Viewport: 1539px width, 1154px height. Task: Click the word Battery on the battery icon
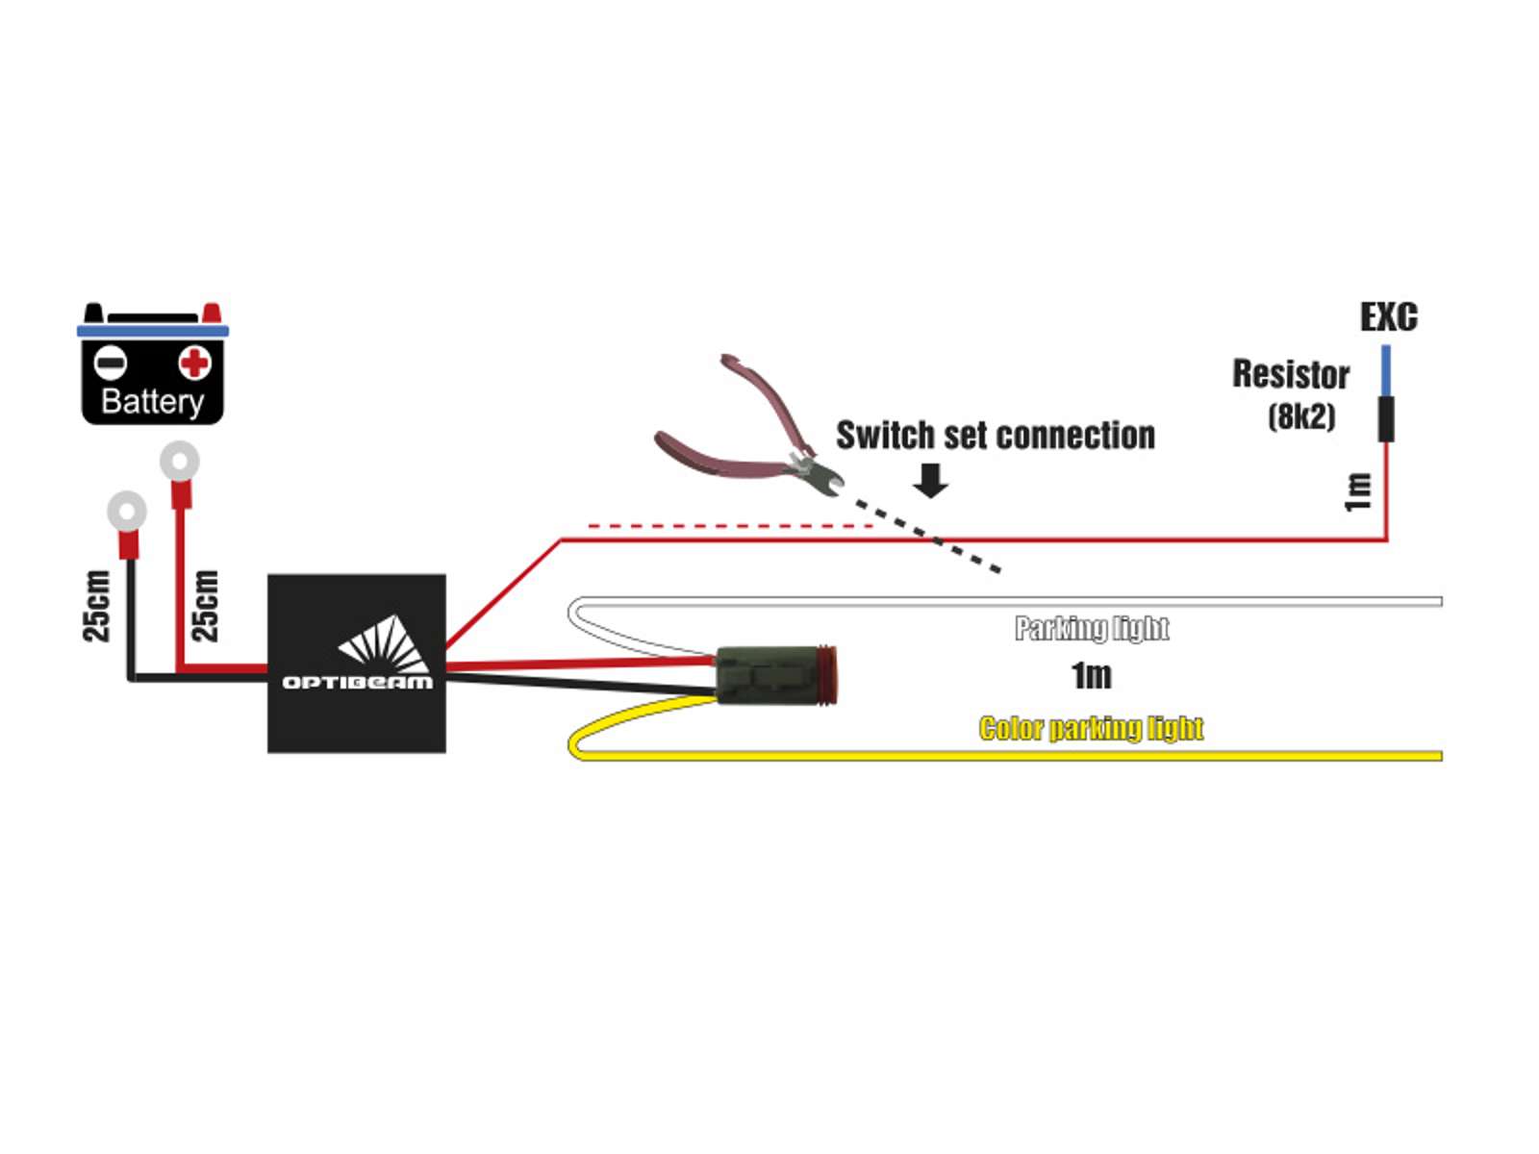[152, 400]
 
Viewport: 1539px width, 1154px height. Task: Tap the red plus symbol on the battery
[194, 363]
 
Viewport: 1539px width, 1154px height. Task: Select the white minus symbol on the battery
[111, 363]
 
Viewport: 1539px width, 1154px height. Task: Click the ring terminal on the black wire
[126, 511]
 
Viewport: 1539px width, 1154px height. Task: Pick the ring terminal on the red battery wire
[179, 462]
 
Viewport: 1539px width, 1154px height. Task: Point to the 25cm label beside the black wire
[96, 606]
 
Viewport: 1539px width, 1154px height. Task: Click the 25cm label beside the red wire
[205, 606]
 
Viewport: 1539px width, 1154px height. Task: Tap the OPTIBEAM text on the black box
[357, 682]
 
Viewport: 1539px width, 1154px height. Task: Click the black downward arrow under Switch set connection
[930, 480]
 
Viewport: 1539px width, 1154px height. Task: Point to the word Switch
[885, 436]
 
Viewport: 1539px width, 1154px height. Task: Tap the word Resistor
[1291, 374]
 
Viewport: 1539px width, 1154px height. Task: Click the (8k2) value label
[1301, 416]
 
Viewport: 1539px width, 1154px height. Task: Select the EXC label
[1388, 316]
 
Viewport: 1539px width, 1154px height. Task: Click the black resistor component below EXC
[1385, 418]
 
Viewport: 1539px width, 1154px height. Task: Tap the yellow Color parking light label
[1091, 729]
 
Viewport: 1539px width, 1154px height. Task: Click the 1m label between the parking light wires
[1091, 676]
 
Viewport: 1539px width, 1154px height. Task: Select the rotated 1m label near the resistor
[1357, 491]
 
